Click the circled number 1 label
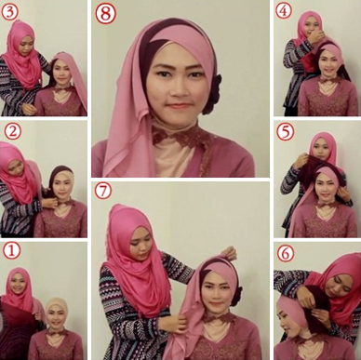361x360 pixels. tap(12, 251)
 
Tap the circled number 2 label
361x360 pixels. tap(13, 131)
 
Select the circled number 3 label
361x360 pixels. tap(9, 12)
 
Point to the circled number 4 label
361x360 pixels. tap(284, 11)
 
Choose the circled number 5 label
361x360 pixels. tap(285, 132)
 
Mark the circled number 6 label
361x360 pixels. tap(286, 254)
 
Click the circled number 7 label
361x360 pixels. tap(103, 191)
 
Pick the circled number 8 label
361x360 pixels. tap(105, 14)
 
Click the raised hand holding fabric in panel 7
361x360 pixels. tap(229, 253)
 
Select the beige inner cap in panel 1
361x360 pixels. tap(57, 308)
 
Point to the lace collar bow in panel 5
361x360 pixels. tap(328, 205)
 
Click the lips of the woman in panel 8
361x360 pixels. tap(178, 106)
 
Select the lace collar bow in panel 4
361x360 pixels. tap(329, 80)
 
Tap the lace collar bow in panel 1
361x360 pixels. tap(58, 332)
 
